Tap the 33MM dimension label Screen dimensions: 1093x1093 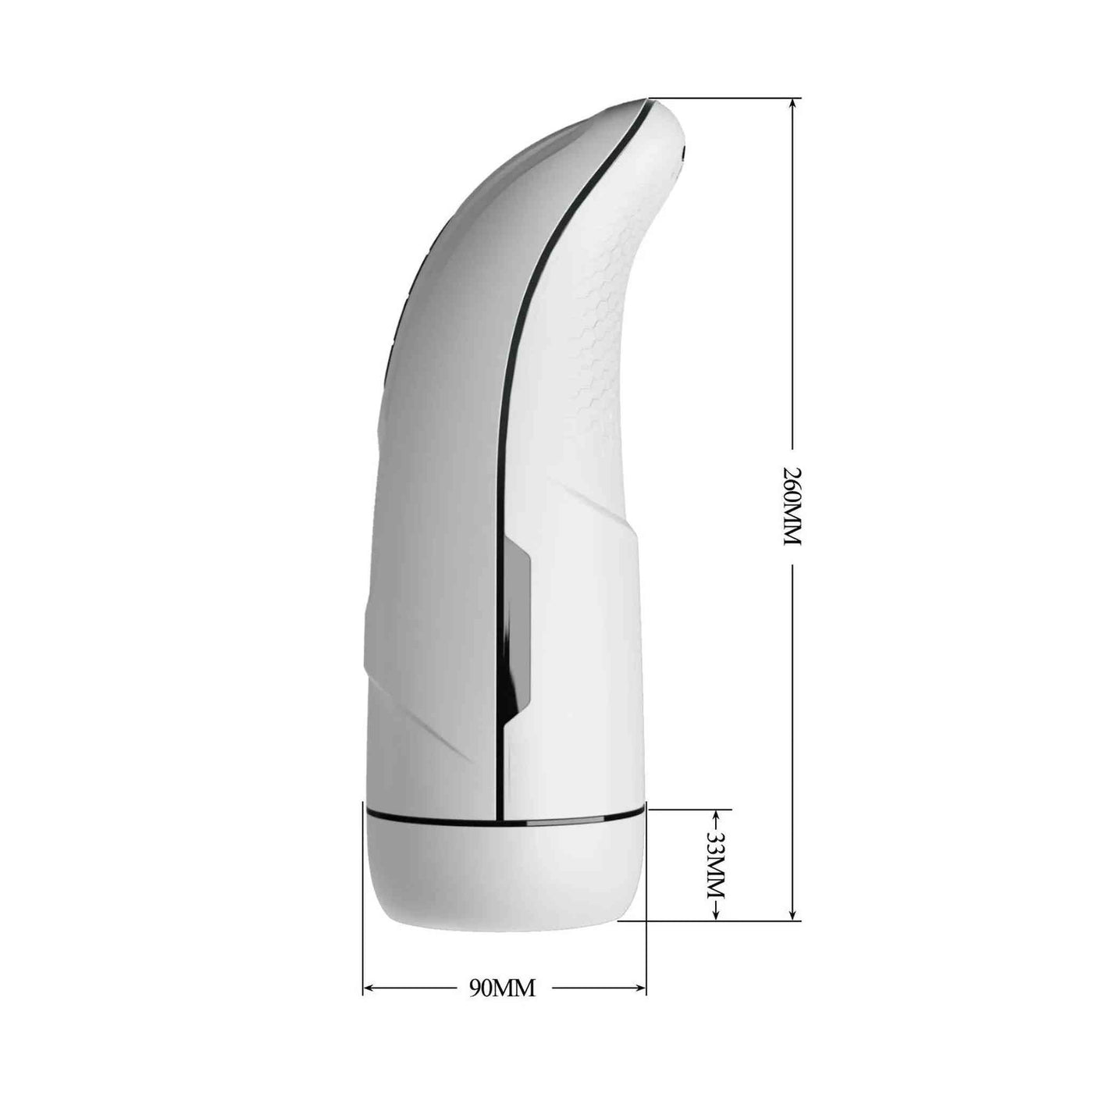tap(717, 881)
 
